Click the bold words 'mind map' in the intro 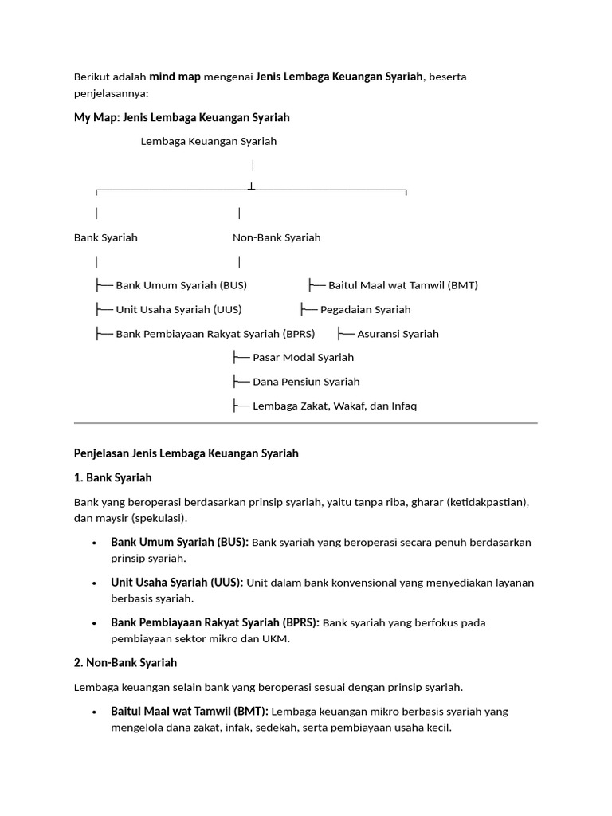pos(175,77)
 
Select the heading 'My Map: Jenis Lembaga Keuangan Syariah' pos(182,117)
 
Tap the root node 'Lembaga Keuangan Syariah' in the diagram pos(209,141)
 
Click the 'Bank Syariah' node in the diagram pos(106,237)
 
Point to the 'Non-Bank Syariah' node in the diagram pos(277,237)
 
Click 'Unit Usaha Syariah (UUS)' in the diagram pos(178,309)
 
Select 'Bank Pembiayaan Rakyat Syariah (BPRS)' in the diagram pos(215,334)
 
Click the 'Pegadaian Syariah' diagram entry pos(365,309)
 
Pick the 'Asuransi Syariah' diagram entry pos(398,334)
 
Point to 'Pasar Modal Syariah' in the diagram pos(303,358)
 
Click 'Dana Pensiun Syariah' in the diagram pos(306,382)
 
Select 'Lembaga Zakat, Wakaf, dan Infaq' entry pos(334,406)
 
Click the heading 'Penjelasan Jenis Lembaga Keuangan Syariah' pos(186,453)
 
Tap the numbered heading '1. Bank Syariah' pos(113,478)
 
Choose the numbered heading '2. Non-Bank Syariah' pos(126,663)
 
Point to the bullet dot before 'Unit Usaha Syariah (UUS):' pos(94,583)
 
